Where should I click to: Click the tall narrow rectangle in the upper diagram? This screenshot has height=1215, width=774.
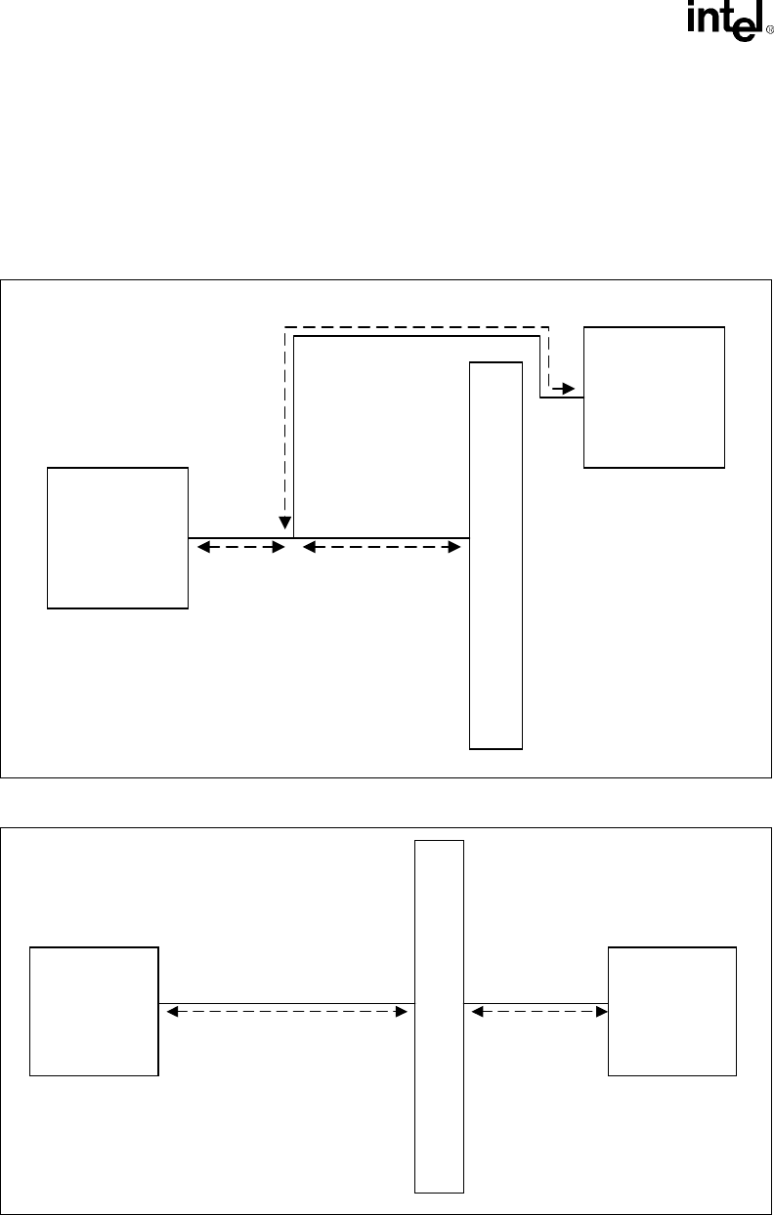tap(496, 555)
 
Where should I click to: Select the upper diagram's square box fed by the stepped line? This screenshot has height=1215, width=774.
tap(654, 398)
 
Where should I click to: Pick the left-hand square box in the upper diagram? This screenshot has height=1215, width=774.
tap(117, 537)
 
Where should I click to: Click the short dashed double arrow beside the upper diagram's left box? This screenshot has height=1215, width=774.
tap(240, 549)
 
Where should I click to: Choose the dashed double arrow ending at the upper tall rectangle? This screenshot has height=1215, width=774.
tap(381, 549)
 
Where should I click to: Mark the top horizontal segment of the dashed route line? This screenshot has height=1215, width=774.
tap(416, 326)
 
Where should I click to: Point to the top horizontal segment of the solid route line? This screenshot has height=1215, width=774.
tap(416, 337)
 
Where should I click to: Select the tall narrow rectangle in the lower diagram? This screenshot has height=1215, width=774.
tap(439, 1016)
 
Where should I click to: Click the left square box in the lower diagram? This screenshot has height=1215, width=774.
tap(94, 1011)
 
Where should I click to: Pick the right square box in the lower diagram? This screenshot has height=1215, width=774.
tap(672, 1011)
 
